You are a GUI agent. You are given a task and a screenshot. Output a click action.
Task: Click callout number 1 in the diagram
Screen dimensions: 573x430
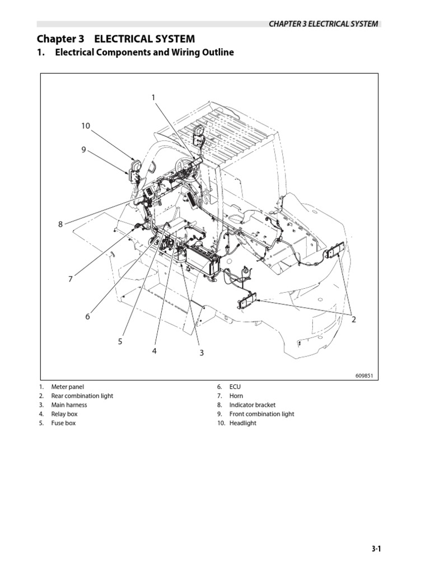pyautogui.click(x=153, y=98)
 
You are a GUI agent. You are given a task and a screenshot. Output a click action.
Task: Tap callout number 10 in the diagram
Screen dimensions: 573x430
pyautogui.click(x=85, y=126)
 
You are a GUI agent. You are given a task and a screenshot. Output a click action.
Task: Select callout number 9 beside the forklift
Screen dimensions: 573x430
pyautogui.click(x=83, y=149)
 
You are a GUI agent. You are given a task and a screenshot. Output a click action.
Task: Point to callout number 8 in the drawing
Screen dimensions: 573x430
pyautogui.click(x=60, y=224)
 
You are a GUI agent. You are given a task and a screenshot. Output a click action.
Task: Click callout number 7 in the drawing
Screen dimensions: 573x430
pyautogui.click(x=71, y=279)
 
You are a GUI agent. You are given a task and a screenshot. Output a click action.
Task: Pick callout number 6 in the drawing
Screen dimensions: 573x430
pyautogui.click(x=87, y=317)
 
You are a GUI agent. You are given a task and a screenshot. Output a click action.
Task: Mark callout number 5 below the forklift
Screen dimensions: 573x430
pyautogui.click(x=120, y=341)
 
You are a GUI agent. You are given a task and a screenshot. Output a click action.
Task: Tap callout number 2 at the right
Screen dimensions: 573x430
pyautogui.click(x=354, y=320)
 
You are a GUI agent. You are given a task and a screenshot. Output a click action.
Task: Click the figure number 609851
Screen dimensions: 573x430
pyautogui.click(x=364, y=375)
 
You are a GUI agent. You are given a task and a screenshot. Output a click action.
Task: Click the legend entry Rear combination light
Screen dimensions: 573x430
pyautogui.click(x=82, y=396)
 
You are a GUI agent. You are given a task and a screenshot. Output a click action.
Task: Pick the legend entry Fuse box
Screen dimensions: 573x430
pyautogui.click(x=63, y=423)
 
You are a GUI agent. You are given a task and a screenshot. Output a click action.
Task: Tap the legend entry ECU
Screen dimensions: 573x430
pyautogui.click(x=235, y=387)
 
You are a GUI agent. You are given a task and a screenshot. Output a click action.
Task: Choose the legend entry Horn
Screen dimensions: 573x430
pyautogui.click(x=236, y=396)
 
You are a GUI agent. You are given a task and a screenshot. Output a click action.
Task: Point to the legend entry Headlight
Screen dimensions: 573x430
pyautogui.click(x=243, y=423)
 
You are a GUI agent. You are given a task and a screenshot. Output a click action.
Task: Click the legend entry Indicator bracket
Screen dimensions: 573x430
pyautogui.click(x=253, y=405)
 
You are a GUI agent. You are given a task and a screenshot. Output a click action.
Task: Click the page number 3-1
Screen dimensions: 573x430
pyautogui.click(x=376, y=550)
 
